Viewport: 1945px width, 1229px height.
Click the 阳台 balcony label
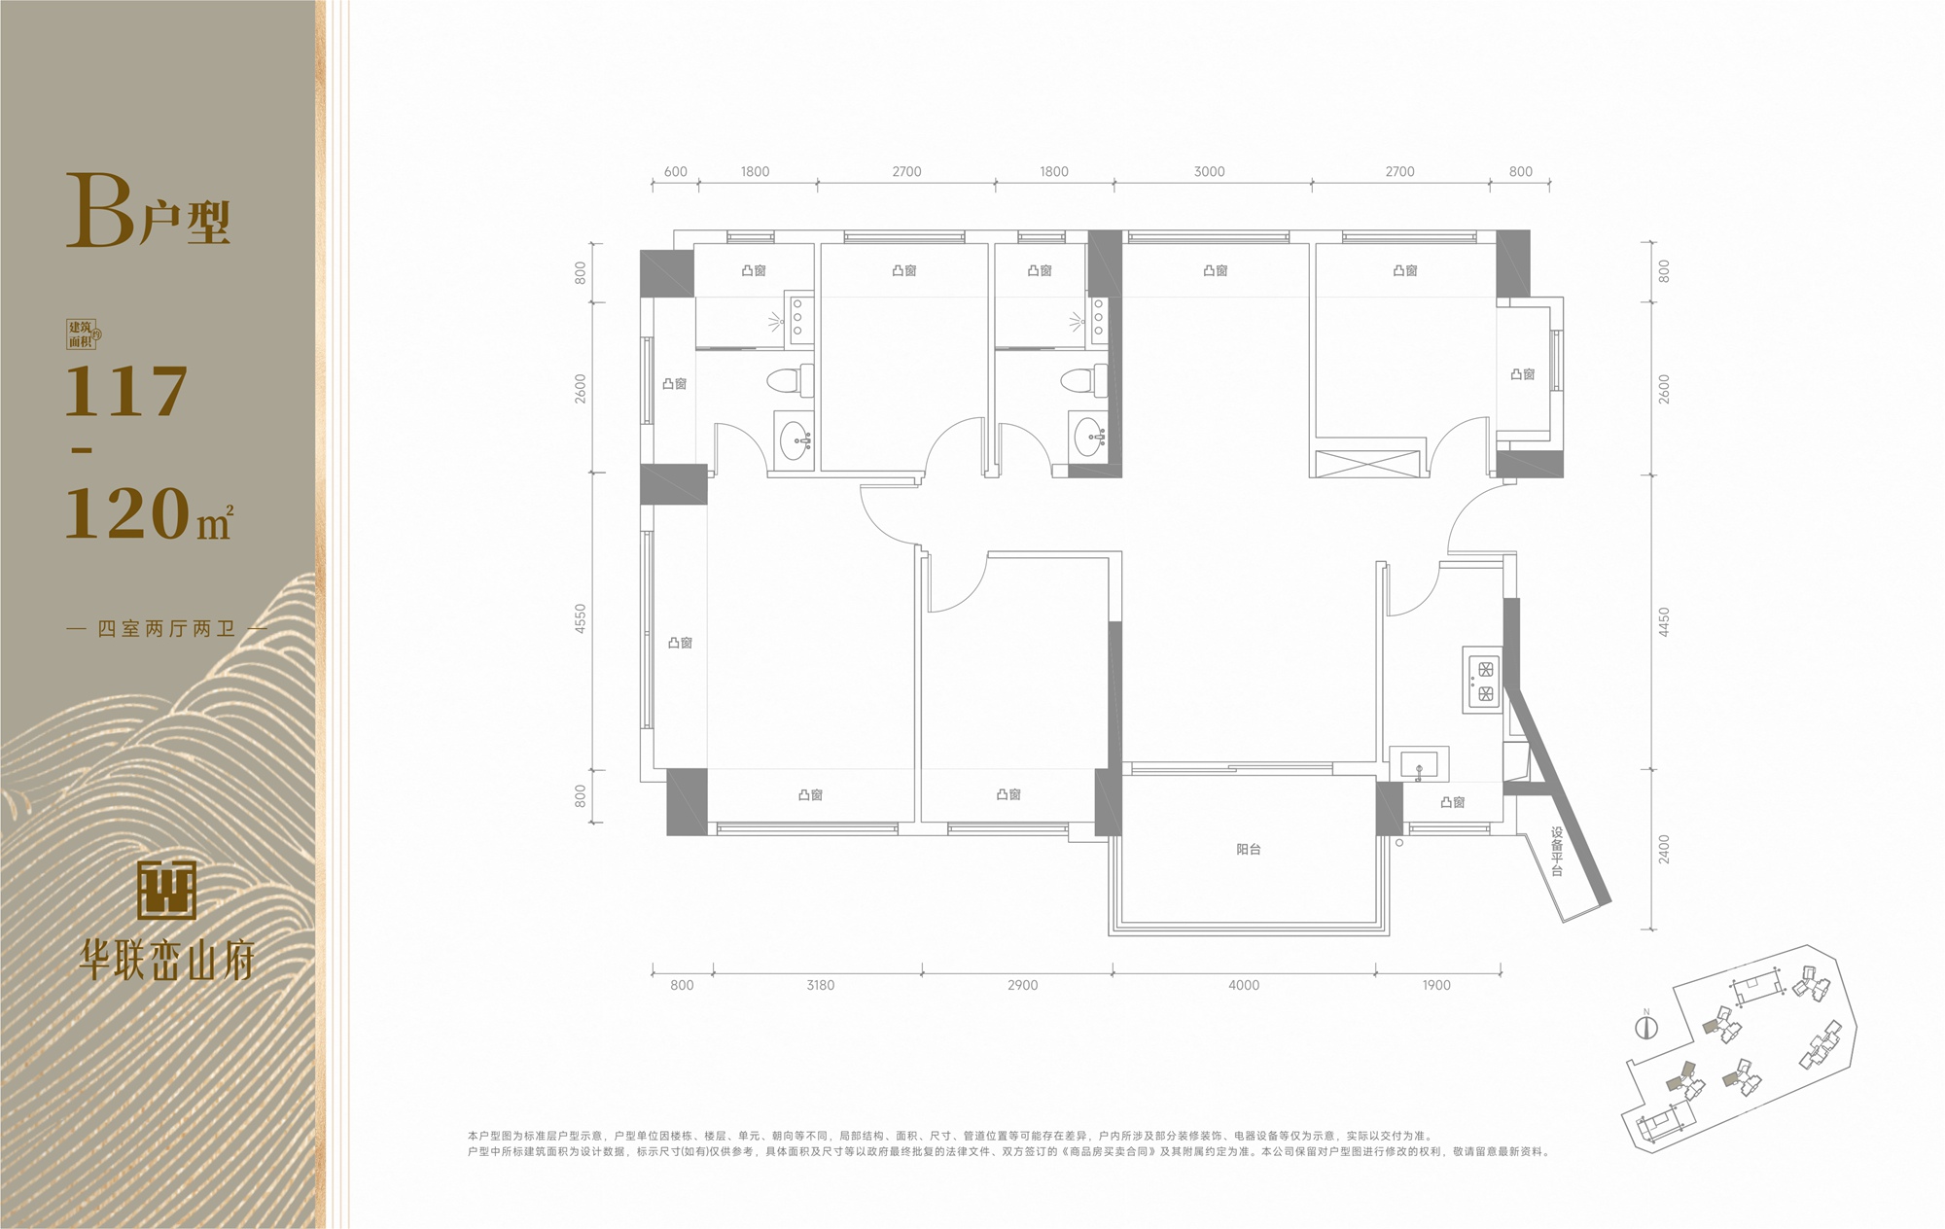pos(1249,850)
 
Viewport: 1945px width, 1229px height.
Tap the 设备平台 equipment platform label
pos(1557,853)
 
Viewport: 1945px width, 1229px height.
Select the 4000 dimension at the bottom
pos(1244,985)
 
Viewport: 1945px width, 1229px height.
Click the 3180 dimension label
pos(820,985)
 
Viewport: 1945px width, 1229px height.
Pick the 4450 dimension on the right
pos(1664,622)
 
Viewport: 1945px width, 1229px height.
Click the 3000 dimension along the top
pos(1209,171)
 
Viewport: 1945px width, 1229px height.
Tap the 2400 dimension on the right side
pos(1664,848)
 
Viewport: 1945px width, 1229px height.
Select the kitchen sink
pos(1419,763)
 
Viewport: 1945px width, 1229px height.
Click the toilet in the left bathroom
pos(790,380)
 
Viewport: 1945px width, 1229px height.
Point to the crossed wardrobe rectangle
pos(1368,463)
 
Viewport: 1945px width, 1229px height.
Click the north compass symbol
pos(1646,1026)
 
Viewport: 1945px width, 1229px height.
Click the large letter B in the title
pos(100,210)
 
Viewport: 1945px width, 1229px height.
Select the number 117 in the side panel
pos(126,392)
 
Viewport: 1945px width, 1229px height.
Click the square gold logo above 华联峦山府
pos(167,891)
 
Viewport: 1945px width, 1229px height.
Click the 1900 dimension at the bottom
pos(1436,985)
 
